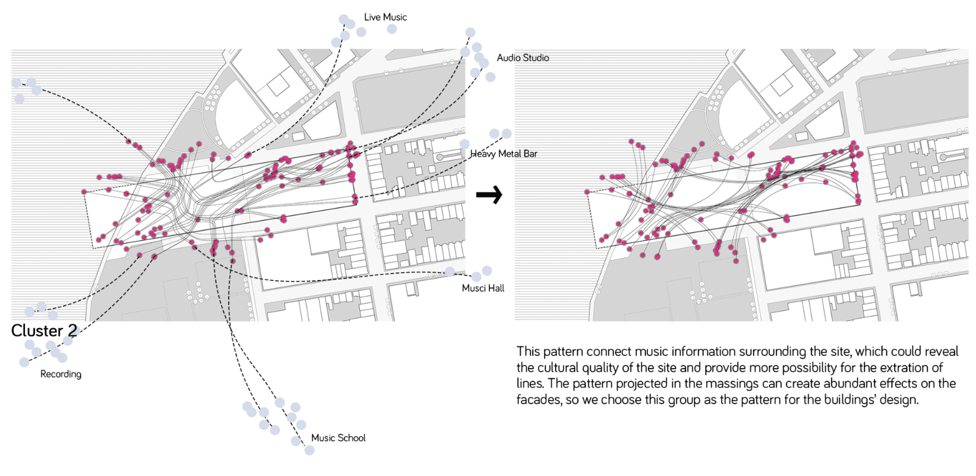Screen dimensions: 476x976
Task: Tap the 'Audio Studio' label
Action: pos(523,58)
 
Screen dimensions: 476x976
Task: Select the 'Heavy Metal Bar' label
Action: pos(504,154)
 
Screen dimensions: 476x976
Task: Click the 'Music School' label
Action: pos(338,438)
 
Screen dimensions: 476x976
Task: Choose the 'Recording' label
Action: pos(61,374)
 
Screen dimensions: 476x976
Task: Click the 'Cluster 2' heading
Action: pos(44,331)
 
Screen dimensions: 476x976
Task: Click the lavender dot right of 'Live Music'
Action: pos(392,29)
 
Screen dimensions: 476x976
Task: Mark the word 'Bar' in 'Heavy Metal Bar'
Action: pos(530,154)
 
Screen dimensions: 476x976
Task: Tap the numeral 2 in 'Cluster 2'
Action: pos(72,331)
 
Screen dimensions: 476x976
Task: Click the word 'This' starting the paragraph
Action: pos(529,351)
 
